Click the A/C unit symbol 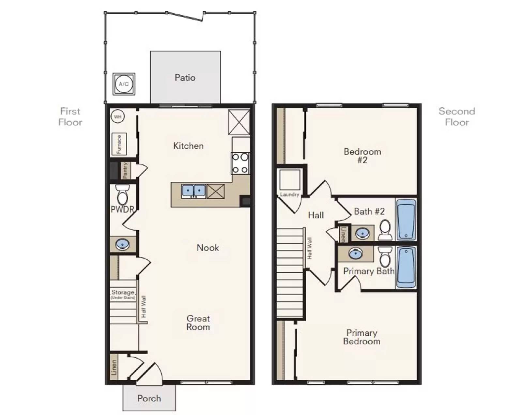coord(124,84)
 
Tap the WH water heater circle coord(117,116)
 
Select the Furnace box coord(119,144)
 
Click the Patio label coord(185,78)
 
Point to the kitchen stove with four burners coord(240,163)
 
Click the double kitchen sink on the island coord(193,191)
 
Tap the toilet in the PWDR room coord(122,195)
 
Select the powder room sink coord(122,244)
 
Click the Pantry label coord(125,170)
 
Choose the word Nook coord(208,248)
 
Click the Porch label coord(149,398)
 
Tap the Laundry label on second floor coord(289,194)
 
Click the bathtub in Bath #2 coord(406,220)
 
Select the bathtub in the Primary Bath coord(406,267)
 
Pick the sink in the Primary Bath coord(356,254)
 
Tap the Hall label coord(316,215)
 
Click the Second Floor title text coord(457,116)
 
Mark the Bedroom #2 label coord(362,156)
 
